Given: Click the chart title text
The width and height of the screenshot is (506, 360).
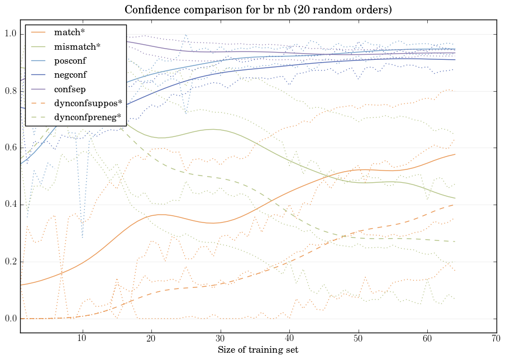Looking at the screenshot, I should (253, 10).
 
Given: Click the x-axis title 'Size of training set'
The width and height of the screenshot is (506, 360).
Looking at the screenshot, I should (257, 350).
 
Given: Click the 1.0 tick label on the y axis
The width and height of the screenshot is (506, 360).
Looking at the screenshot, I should (11, 34).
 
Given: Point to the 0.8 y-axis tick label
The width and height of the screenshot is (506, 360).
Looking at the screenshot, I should (11, 91).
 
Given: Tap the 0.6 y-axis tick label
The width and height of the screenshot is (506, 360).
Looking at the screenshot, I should (11, 148).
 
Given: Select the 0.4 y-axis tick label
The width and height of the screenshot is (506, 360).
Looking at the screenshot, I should (11, 205).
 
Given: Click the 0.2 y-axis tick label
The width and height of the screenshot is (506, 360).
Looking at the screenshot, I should (11, 262).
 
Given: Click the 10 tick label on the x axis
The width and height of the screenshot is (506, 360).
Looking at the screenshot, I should (82, 339).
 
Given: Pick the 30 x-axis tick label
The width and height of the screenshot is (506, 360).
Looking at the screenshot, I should (220, 339).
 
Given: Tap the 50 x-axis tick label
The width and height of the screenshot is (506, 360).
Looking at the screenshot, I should (359, 339).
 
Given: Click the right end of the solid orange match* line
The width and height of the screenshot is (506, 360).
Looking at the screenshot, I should (455, 154).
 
